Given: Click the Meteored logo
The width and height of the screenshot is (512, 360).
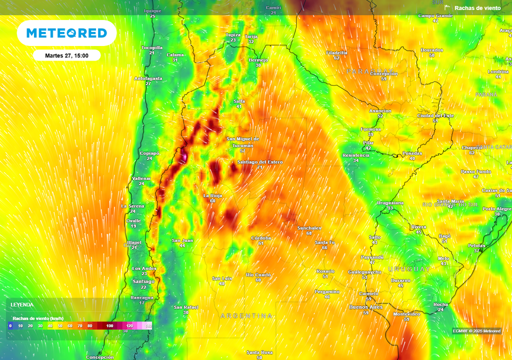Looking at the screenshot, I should [x=66, y=33].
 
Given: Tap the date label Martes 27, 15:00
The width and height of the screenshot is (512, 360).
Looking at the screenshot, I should [x=66, y=55].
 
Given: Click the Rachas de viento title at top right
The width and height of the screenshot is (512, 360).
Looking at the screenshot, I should [x=477, y=8].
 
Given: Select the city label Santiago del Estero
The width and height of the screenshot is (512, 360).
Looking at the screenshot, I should [x=259, y=162].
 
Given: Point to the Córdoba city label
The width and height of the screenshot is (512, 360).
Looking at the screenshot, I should [x=261, y=238].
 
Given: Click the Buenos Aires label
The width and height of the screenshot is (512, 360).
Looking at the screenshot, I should [x=365, y=307].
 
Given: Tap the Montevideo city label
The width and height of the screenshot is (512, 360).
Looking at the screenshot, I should [x=406, y=314].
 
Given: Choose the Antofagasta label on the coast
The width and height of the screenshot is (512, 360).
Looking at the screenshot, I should [x=148, y=78].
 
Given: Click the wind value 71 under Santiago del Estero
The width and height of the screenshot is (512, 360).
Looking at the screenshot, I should [x=259, y=167].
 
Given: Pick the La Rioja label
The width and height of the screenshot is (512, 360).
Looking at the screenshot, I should [x=212, y=195].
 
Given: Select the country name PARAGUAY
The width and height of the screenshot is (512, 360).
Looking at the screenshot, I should [x=370, y=72].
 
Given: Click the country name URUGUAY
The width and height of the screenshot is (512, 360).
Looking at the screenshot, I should [x=409, y=269].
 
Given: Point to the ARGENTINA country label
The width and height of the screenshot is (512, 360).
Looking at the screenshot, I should [x=247, y=316].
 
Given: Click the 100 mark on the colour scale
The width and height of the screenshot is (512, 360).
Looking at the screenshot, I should [x=109, y=326].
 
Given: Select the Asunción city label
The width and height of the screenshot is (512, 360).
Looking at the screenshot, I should [x=380, y=110].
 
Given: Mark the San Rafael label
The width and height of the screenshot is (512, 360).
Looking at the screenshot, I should [x=185, y=307].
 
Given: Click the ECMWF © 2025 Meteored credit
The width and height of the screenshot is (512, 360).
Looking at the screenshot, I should [x=476, y=331].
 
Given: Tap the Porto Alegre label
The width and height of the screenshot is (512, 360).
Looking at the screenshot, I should [x=497, y=208].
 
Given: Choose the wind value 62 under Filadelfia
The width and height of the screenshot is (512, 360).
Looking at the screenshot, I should [x=336, y=58].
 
